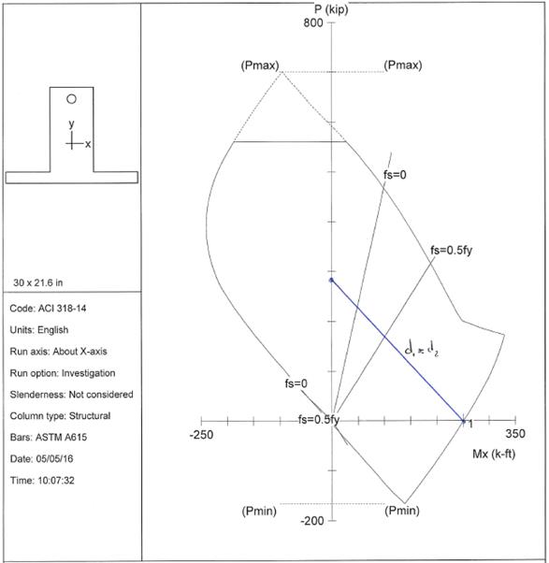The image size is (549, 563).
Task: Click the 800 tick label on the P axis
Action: pyautogui.click(x=313, y=23)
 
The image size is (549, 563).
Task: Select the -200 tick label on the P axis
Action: pyautogui.click(x=312, y=521)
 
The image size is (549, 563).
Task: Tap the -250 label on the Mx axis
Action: pyautogui.click(x=201, y=435)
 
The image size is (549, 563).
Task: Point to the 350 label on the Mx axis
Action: pyautogui.click(x=515, y=434)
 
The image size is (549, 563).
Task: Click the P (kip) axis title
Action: pyautogui.click(x=331, y=9)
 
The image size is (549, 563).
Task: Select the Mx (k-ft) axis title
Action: pyautogui.click(x=494, y=455)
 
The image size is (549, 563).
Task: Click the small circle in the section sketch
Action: pyautogui.click(x=71, y=99)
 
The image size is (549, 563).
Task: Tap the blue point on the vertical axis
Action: pyautogui.click(x=331, y=280)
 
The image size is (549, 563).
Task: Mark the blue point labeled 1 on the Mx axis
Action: pyautogui.click(x=463, y=421)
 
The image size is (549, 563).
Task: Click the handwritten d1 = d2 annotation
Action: pyautogui.click(x=421, y=348)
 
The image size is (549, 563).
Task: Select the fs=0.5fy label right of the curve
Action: pyautogui.click(x=452, y=251)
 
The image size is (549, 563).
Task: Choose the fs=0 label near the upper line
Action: pyautogui.click(x=395, y=175)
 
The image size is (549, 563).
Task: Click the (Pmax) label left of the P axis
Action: pyautogui.click(x=260, y=65)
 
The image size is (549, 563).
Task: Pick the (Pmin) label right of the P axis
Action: pyautogui.click(x=402, y=511)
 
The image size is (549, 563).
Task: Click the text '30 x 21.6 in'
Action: pyautogui.click(x=38, y=283)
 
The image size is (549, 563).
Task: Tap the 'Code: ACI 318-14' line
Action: pyautogui.click(x=48, y=309)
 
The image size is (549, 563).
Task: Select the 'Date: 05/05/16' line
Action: pyautogui.click(x=41, y=459)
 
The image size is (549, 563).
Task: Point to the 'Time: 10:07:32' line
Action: pyautogui.click(x=42, y=481)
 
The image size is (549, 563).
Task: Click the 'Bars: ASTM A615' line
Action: pyautogui.click(x=48, y=438)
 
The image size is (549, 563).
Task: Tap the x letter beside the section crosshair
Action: pyautogui.click(x=88, y=144)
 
